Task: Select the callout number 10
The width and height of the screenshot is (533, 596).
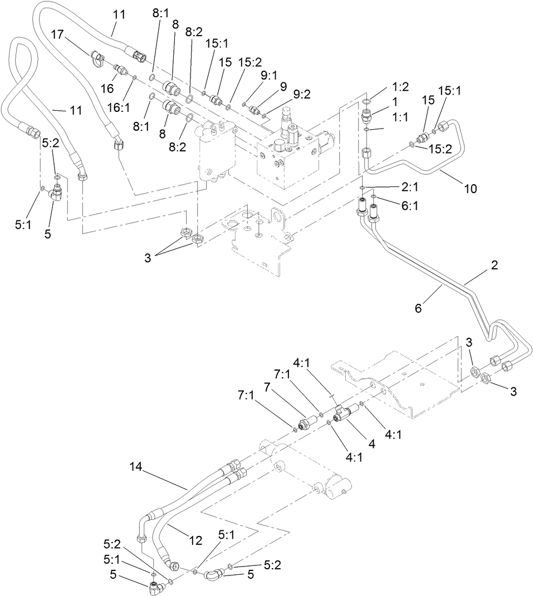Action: [470, 189]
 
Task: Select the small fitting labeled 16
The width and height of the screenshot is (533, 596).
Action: [119, 70]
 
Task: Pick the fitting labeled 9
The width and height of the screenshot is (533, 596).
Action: [255, 109]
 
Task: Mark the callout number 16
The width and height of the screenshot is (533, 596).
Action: [107, 89]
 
